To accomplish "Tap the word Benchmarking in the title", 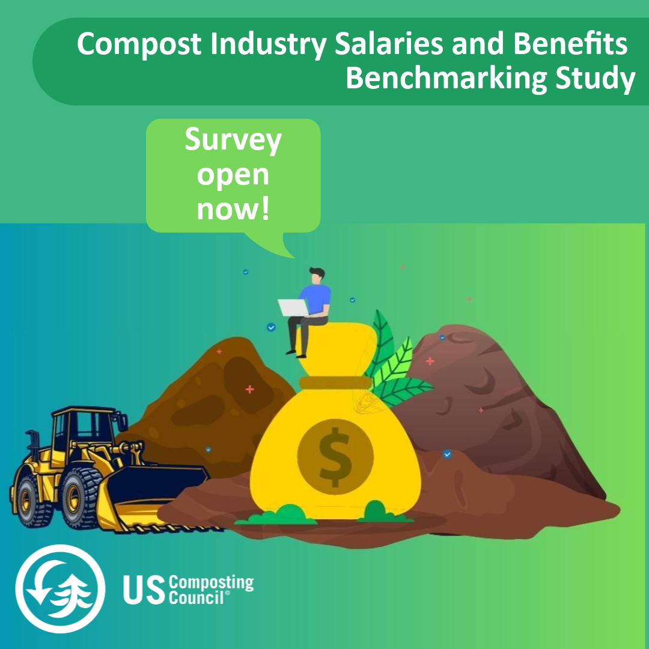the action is tap(446, 78).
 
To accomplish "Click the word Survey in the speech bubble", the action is tap(233, 141).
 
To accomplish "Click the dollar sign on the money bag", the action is tap(335, 457).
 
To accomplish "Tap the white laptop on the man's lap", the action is tap(293, 308).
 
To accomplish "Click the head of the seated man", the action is tap(317, 276).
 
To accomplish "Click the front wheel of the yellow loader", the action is tap(81, 497).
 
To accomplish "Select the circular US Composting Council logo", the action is tap(61, 588).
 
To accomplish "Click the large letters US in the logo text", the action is tap(144, 590).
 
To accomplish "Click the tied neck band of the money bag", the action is tap(336, 382).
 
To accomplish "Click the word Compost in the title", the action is tap(139, 44).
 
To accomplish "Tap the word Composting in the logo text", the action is tap(212, 583).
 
